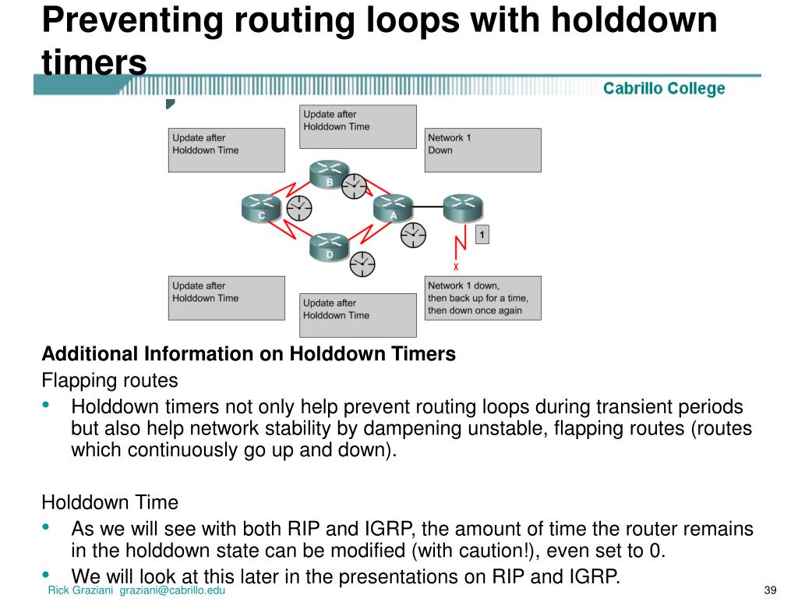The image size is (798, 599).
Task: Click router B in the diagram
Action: [329, 175]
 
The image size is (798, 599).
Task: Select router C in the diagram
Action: [261, 207]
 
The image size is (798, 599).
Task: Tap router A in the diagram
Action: [393, 207]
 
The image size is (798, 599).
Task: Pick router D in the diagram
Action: [329, 246]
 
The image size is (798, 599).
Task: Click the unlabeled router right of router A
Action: [463, 207]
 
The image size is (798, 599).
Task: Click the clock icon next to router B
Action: [355, 186]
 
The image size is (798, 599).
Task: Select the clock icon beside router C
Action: [299, 207]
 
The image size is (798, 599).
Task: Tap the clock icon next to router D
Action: [362, 264]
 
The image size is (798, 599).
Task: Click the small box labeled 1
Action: [482, 234]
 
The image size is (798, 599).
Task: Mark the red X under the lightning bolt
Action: [456, 267]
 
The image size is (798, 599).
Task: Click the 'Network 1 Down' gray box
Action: [482, 150]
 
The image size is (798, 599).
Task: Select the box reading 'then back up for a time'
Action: [482, 298]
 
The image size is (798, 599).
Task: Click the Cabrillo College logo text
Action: [664, 89]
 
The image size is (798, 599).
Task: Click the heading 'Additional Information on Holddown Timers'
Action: [248, 354]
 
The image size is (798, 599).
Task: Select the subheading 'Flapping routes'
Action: [109, 381]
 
